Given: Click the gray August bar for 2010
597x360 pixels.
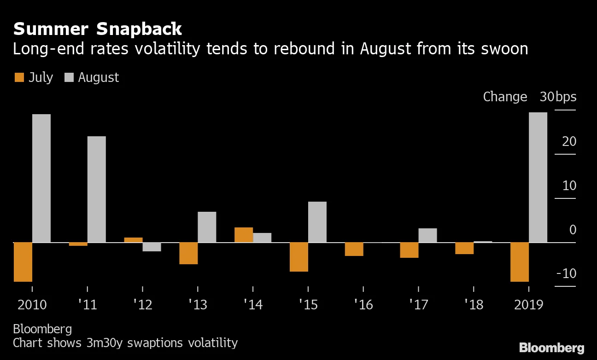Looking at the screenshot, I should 41,178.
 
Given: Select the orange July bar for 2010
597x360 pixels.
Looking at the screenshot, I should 23,261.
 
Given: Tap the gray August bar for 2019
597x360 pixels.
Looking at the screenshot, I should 538,177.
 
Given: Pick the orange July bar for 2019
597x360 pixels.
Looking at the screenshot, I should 520,261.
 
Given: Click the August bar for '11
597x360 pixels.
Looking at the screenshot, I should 96,189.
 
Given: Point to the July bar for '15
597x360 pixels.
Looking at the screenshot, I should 299,257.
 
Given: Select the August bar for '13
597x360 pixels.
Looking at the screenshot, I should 207,227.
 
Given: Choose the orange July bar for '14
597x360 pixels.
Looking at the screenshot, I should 244,235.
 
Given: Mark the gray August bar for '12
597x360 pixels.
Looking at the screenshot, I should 152,247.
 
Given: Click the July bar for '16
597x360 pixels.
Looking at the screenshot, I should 354,249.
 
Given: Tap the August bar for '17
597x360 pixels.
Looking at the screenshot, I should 427,235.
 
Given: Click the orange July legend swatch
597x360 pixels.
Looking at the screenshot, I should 19,77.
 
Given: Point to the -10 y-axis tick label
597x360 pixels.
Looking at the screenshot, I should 566,273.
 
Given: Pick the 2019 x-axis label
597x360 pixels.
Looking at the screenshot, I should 529,305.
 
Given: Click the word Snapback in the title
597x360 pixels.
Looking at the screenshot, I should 139,29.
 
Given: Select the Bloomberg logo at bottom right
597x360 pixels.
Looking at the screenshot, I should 551,348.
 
